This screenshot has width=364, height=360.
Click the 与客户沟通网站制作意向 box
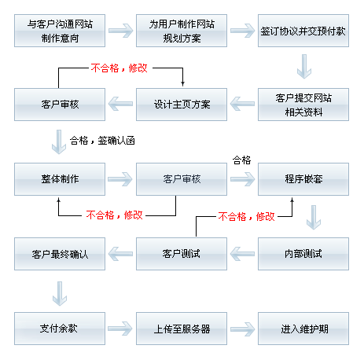(60, 31)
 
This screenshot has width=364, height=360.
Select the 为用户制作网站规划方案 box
(182, 31)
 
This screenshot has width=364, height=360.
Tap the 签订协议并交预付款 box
(303, 31)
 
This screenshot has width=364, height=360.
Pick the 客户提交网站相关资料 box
(303, 105)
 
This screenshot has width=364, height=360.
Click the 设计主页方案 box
(182, 105)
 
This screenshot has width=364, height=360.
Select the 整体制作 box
(60, 179)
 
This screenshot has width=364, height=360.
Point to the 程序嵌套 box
(303, 179)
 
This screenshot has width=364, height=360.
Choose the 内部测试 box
(303, 254)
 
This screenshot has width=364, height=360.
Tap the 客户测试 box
(182, 254)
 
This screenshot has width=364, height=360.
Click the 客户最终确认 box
(60, 254)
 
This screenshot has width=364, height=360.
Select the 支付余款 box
(60, 329)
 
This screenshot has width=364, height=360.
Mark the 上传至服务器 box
(182, 329)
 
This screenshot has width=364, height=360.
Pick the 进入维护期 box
(303, 329)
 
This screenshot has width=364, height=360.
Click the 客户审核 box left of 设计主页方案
(60, 105)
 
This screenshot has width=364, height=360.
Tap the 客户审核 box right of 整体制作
(182, 179)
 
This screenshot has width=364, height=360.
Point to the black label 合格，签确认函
(102, 141)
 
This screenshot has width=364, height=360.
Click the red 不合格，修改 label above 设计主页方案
(119, 68)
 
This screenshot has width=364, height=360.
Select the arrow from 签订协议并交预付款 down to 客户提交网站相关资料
(304, 67)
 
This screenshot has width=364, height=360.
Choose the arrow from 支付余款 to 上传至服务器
(120, 329)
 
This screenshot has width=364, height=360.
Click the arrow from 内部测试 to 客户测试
(242, 254)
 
